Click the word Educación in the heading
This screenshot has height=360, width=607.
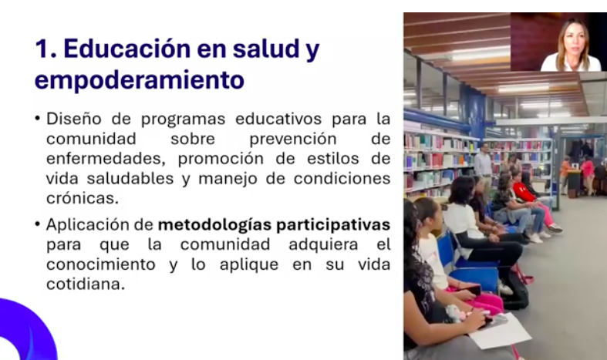[x=127, y=48]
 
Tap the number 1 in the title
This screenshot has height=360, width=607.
[x=42, y=49]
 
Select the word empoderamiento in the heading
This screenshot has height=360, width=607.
[x=140, y=80]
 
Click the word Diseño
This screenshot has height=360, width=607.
[x=74, y=119]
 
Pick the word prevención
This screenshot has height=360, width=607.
[x=294, y=139]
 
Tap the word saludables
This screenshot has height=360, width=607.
[x=130, y=178]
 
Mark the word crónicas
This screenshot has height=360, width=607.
[x=83, y=198]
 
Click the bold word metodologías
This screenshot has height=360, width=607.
[x=214, y=225]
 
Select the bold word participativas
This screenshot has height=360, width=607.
[x=332, y=225]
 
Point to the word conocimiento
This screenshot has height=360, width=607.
[x=100, y=264]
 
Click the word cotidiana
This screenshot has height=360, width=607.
[x=86, y=284]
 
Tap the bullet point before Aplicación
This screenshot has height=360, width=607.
[x=38, y=224]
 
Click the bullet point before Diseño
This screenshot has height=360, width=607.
[x=38, y=118]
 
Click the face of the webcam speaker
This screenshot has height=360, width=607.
[x=572, y=42]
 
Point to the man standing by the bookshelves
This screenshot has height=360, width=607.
[x=484, y=167]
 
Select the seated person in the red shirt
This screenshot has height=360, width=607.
[x=532, y=201]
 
